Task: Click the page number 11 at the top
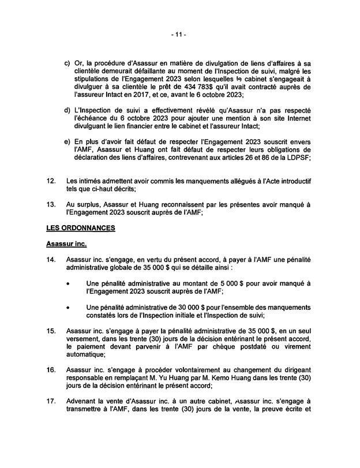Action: [179, 35]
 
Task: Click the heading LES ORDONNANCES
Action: [81, 228]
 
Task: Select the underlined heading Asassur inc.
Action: [66, 244]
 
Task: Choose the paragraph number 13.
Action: [50, 204]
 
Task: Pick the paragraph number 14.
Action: [50, 261]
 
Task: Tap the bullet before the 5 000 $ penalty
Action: [70, 283]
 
